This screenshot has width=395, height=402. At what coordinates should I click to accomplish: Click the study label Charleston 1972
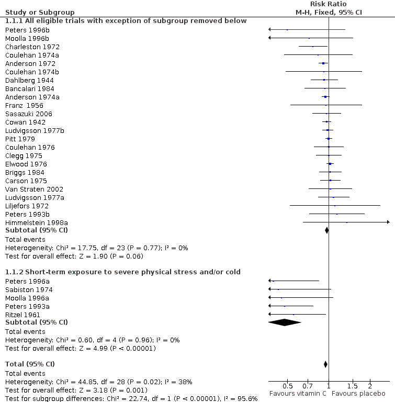click(32, 47)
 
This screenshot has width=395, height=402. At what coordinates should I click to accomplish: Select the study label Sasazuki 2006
click(29, 114)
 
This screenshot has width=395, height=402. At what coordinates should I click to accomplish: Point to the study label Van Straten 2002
click(34, 189)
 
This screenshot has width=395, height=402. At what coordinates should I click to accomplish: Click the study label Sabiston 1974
click(29, 290)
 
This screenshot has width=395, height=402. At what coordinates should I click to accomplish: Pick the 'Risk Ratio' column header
click(329, 4)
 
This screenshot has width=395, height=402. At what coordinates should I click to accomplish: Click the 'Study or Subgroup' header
click(40, 13)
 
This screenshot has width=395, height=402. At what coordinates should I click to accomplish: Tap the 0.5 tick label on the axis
click(287, 386)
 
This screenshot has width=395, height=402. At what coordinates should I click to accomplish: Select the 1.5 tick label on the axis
click(353, 386)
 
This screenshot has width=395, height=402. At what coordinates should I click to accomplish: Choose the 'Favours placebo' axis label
click(358, 394)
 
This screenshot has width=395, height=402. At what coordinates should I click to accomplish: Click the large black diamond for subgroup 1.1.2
click(284, 322)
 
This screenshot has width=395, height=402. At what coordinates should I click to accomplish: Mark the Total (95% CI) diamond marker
click(325, 364)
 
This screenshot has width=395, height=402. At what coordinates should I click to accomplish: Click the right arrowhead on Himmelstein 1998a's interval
click(388, 222)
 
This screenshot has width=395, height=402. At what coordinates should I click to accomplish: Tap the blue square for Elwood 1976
click(330, 164)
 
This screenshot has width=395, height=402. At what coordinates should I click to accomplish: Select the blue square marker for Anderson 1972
click(323, 63)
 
